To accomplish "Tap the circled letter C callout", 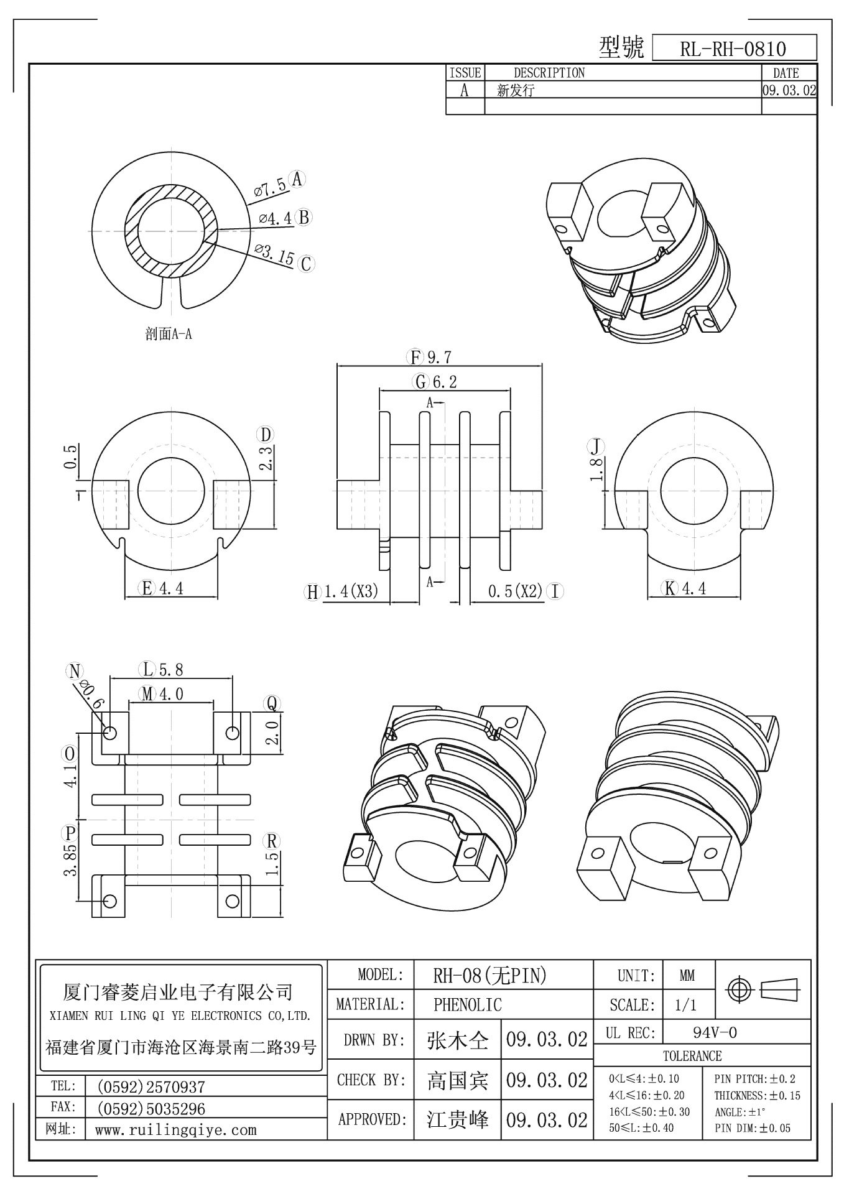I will [305, 264].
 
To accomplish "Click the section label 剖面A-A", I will [169, 335].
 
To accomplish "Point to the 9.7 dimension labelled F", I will [438, 358].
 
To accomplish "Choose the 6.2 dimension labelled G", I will [444, 382].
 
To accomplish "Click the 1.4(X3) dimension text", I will [351, 591].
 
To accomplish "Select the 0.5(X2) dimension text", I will [516, 591].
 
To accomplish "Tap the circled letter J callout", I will [596, 446].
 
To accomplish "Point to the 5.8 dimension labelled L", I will [171, 670].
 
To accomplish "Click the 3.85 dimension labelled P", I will [71, 860].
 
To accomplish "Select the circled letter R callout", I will [272, 841].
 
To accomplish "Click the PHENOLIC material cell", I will [467, 1004].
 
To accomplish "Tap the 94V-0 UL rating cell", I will [715, 1033].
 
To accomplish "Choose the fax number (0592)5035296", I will [151, 1108].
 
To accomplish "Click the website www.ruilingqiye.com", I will [176, 1130].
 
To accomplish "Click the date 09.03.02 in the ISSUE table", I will [789, 90].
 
